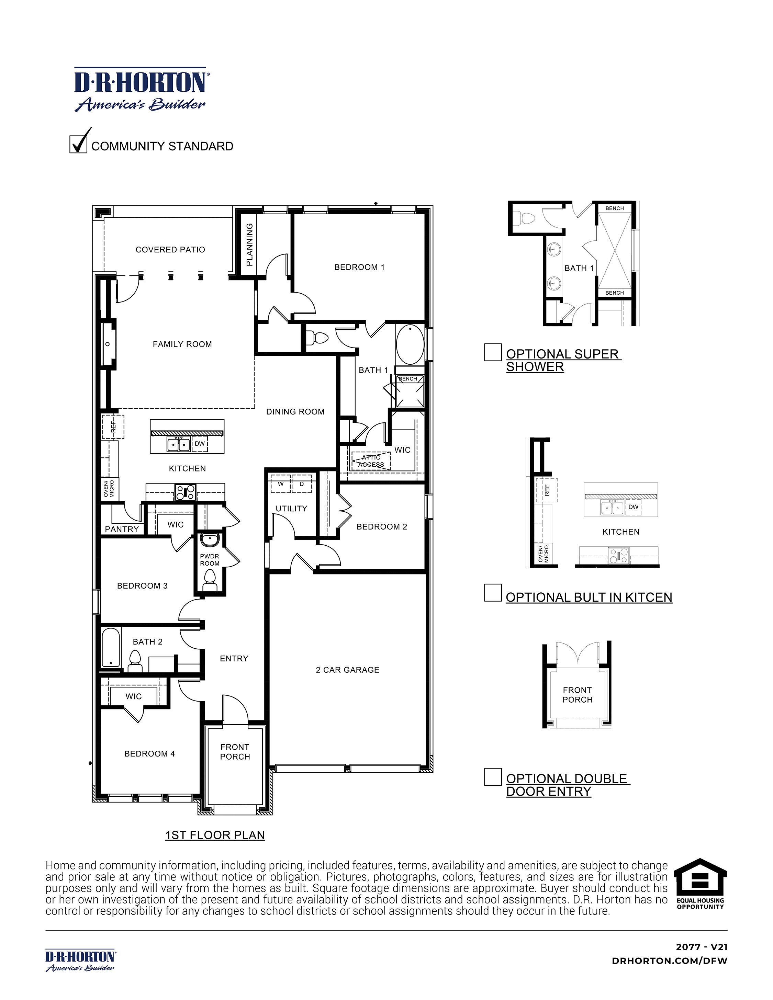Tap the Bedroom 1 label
tap(359, 267)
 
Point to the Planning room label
tap(249, 245)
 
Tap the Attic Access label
tap(371, 461)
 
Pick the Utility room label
tap(291, 508)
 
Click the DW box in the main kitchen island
tap(200, 444)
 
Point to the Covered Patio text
tap(170, 250)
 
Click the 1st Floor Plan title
tap(215, 835)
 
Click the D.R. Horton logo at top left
tap(140, 90)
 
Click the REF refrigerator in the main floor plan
tap(113, 427)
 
